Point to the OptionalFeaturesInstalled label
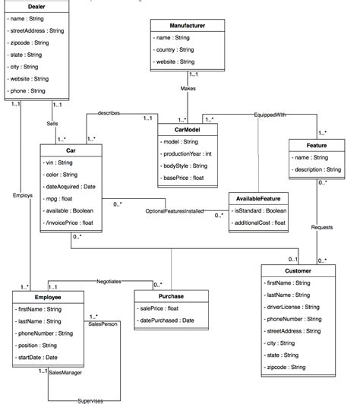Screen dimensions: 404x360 [x=175, y=210]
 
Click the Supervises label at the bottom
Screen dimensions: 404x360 [x=90, y=399]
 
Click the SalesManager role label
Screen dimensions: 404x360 [x=65, y=373]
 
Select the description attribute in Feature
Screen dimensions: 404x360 [x=315, y=169]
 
